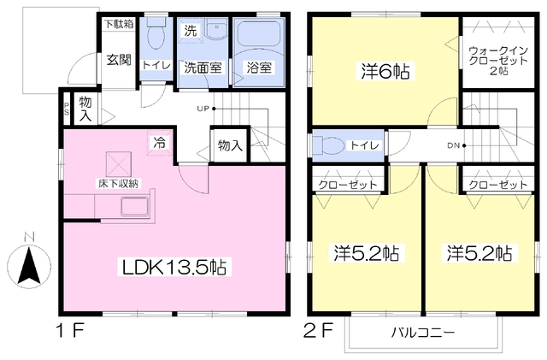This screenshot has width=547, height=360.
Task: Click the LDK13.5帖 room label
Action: click(174, 267)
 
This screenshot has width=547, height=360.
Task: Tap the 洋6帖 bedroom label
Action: click(385, 72)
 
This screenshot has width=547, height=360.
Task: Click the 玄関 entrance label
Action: click(119, 60)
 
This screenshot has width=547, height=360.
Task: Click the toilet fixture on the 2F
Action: click(329, 145)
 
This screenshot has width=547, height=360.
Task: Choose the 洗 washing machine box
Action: click(190, 31)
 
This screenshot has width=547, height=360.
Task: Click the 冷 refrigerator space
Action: click(160, 143)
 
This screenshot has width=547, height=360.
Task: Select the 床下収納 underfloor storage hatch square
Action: click(119, 164)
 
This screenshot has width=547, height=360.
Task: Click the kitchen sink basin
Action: click(135, 206)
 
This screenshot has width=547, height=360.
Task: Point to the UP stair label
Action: click(203, 109)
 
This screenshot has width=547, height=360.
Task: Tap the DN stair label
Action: click(454, 145)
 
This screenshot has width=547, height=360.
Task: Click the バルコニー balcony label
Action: click(423, 332)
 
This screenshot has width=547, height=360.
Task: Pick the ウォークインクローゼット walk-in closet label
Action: click(498, 61)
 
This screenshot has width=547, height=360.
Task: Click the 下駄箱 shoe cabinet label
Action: click(119, 24)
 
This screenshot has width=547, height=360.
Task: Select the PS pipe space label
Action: click(67, 109)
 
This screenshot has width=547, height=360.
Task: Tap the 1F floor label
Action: click(70, 330)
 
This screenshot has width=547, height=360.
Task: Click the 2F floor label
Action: click(318, 330)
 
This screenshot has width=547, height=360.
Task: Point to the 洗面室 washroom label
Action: click(203, 68)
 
